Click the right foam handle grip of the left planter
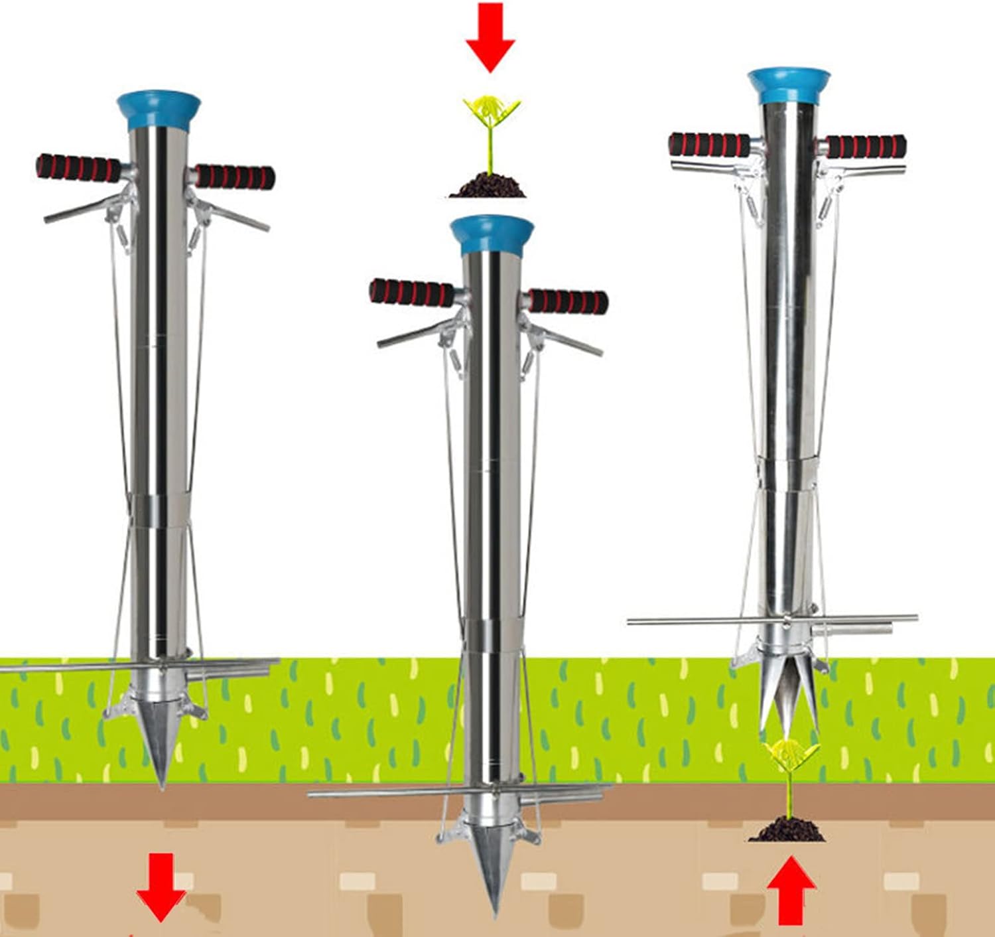coord(234,177)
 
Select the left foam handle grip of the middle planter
coord(411,293)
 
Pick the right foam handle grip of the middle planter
coord(568,302)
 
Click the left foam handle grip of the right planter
coord(708,145)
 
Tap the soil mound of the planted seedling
coord(787,830)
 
